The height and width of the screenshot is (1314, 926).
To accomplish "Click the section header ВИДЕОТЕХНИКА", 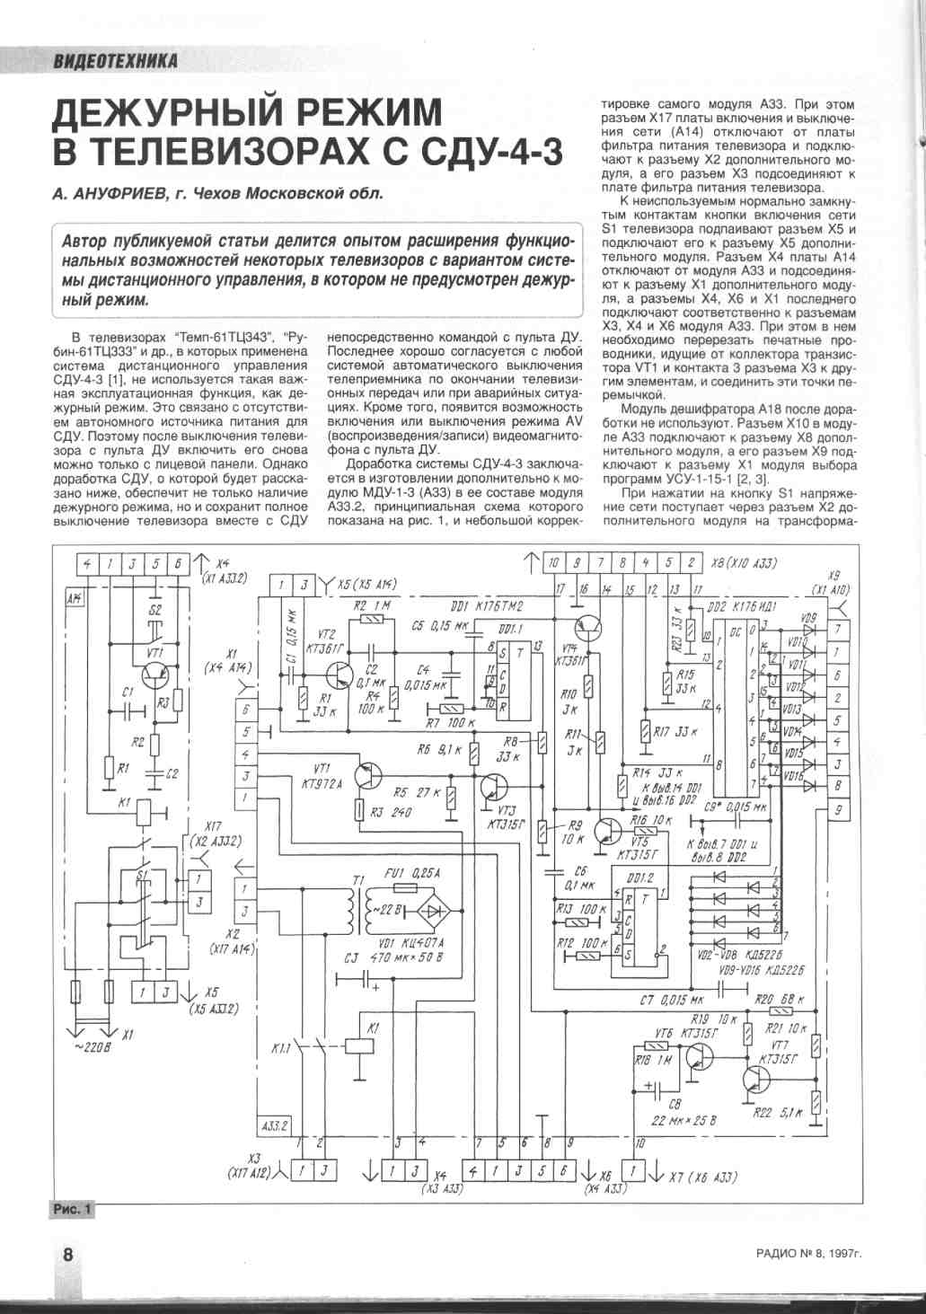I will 115,60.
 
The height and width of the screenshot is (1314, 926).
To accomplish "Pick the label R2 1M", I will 368,605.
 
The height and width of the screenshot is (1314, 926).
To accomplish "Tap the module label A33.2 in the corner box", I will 274,1126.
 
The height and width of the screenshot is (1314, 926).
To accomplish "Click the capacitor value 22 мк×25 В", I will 683,1120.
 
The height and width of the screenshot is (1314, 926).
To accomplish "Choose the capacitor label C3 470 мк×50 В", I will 389,957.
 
